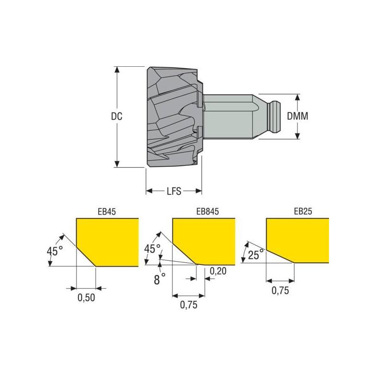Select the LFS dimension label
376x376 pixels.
(x=174, y=191)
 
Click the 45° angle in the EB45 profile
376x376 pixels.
(x=55, y=251)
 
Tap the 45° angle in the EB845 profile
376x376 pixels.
(x=152, y=249)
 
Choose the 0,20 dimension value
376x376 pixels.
(x=218, y=271)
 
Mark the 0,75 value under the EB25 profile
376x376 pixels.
(x=280, y=290)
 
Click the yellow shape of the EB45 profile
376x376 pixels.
(x=110, y=240)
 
